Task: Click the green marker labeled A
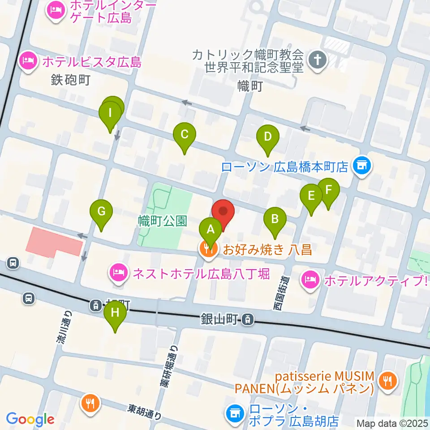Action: coord(210,230)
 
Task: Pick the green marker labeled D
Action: coord(267,137)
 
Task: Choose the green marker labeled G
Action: coord(101,211)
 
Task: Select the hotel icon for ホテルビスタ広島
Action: coord(28,62)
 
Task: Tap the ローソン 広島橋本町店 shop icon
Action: coord(361,167)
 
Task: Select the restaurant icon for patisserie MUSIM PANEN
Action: coord(386,382)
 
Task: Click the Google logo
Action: coord(30,419)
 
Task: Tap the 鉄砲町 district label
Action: coord(70,81)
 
